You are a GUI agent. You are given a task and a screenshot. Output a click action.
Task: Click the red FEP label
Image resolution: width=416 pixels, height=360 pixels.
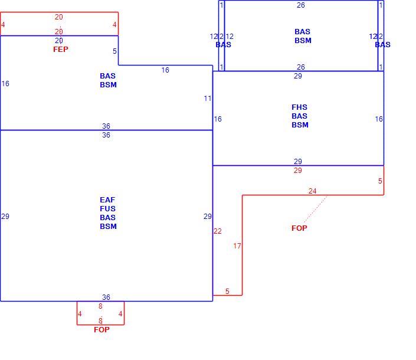click(61, 50)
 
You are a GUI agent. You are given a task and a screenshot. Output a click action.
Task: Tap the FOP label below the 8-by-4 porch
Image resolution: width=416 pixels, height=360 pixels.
click(101, 330)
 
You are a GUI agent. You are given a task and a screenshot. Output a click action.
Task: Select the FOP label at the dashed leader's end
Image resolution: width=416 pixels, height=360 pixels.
click(299, 228)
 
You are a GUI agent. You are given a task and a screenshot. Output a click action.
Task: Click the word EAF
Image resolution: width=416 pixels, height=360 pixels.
click(107, 199)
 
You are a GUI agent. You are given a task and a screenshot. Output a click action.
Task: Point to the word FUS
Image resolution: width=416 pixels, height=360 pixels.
click(108, 209)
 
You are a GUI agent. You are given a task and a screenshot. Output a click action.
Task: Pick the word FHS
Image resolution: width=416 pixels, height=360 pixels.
click(299, 107)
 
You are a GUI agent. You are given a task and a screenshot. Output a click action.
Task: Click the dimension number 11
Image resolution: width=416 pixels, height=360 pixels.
click(208, 99)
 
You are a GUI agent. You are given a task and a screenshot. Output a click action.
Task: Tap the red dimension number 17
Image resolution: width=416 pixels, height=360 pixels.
click(237, 246)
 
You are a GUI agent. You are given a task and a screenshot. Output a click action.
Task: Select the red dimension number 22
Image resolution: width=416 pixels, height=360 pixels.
click(218, 231)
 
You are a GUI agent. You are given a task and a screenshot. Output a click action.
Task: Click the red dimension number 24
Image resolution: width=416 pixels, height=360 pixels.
click(312, 191)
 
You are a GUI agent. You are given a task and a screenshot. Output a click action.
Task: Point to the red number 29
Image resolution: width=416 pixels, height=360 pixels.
click(297, 171)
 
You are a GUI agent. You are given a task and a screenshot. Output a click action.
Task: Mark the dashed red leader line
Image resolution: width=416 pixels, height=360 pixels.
click(316, 209)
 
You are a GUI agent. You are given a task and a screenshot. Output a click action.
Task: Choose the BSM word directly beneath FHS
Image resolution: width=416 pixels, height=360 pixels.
click(300, 125)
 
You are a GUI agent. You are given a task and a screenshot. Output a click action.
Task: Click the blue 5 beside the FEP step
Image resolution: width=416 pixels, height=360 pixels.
click(114, 51)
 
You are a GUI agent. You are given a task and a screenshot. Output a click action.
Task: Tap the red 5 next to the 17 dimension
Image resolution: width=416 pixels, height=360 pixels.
click(227, 292)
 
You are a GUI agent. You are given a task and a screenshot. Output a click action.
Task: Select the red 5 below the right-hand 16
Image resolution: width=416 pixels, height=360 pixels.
click(380, 181)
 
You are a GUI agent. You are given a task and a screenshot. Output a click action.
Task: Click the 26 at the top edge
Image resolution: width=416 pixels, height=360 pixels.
click(301, 5)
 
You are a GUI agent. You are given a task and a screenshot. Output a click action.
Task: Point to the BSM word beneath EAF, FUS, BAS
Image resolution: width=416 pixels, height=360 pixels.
click(108, 227)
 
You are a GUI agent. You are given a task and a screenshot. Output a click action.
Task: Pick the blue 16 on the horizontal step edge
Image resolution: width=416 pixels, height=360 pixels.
click(165, 70)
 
